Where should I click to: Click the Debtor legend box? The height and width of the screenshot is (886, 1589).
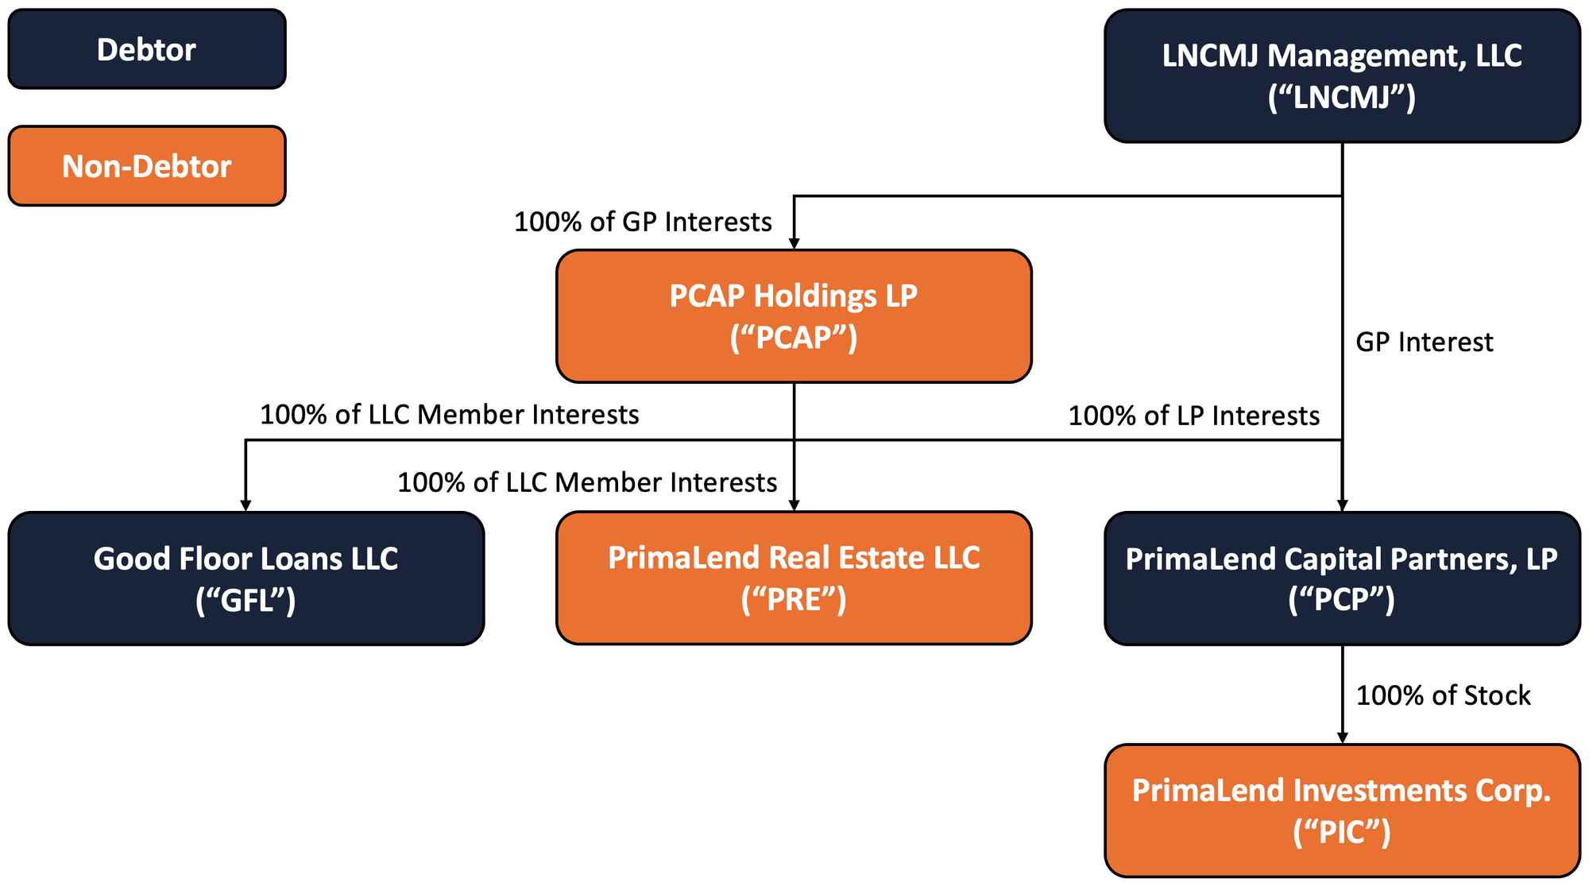(147, 49)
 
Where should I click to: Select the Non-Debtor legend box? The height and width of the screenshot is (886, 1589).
(147, 166)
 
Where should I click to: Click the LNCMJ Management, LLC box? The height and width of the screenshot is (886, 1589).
(1342, 76)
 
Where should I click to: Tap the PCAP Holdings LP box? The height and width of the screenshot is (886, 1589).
(794, 316)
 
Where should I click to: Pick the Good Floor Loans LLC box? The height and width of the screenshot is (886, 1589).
(246, 578)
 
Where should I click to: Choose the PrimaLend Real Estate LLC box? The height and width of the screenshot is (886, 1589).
(794, 578)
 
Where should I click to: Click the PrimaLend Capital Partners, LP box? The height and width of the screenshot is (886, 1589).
(1342, 578)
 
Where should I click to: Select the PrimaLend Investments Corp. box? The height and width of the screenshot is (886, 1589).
(1342, 811)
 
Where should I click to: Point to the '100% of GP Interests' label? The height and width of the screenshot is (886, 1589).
(643, 222)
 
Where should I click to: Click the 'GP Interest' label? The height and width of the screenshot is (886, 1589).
(1424, 342)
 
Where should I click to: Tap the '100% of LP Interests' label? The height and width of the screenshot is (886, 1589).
(1193, 416)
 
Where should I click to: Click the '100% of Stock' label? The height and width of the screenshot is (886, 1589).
(1443, 695)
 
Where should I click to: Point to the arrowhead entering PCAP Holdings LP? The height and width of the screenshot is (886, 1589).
(794, 244)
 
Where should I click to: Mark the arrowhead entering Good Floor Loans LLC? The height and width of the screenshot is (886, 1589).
(246, 505)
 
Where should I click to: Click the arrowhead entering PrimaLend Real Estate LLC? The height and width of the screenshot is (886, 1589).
(794, 505)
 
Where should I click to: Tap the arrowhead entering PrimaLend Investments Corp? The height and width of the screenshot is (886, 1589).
(1342, 738)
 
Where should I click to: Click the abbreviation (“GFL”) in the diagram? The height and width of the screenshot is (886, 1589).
(246, 600)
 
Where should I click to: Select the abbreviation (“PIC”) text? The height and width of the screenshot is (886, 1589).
(1342, 832)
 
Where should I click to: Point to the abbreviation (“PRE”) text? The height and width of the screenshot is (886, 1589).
(794, 599)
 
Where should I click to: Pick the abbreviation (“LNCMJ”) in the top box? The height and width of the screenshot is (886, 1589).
(1342, 98)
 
